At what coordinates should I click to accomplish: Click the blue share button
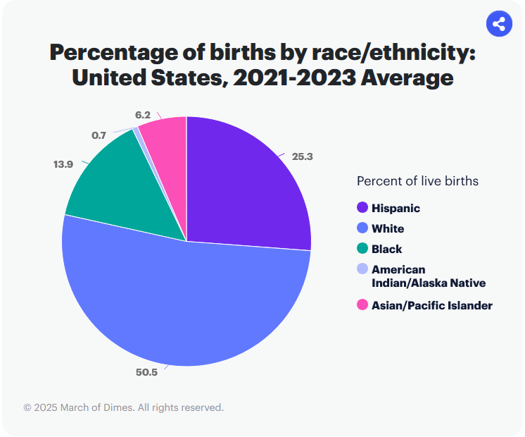pos(499,25)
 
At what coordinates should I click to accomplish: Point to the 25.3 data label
pos(302,156)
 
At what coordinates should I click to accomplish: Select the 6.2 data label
pos(142,113)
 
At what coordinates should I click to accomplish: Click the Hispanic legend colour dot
pos(362,208)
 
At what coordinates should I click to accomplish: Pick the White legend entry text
pos(388,228)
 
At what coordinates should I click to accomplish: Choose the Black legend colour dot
pos(362,249)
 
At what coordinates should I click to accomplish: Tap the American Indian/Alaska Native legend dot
pos(362,269)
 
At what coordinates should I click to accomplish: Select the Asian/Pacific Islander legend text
pos(431,305)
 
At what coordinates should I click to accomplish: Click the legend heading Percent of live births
pos(417,181)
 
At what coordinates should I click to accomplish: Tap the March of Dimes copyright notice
pos(123,407)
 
